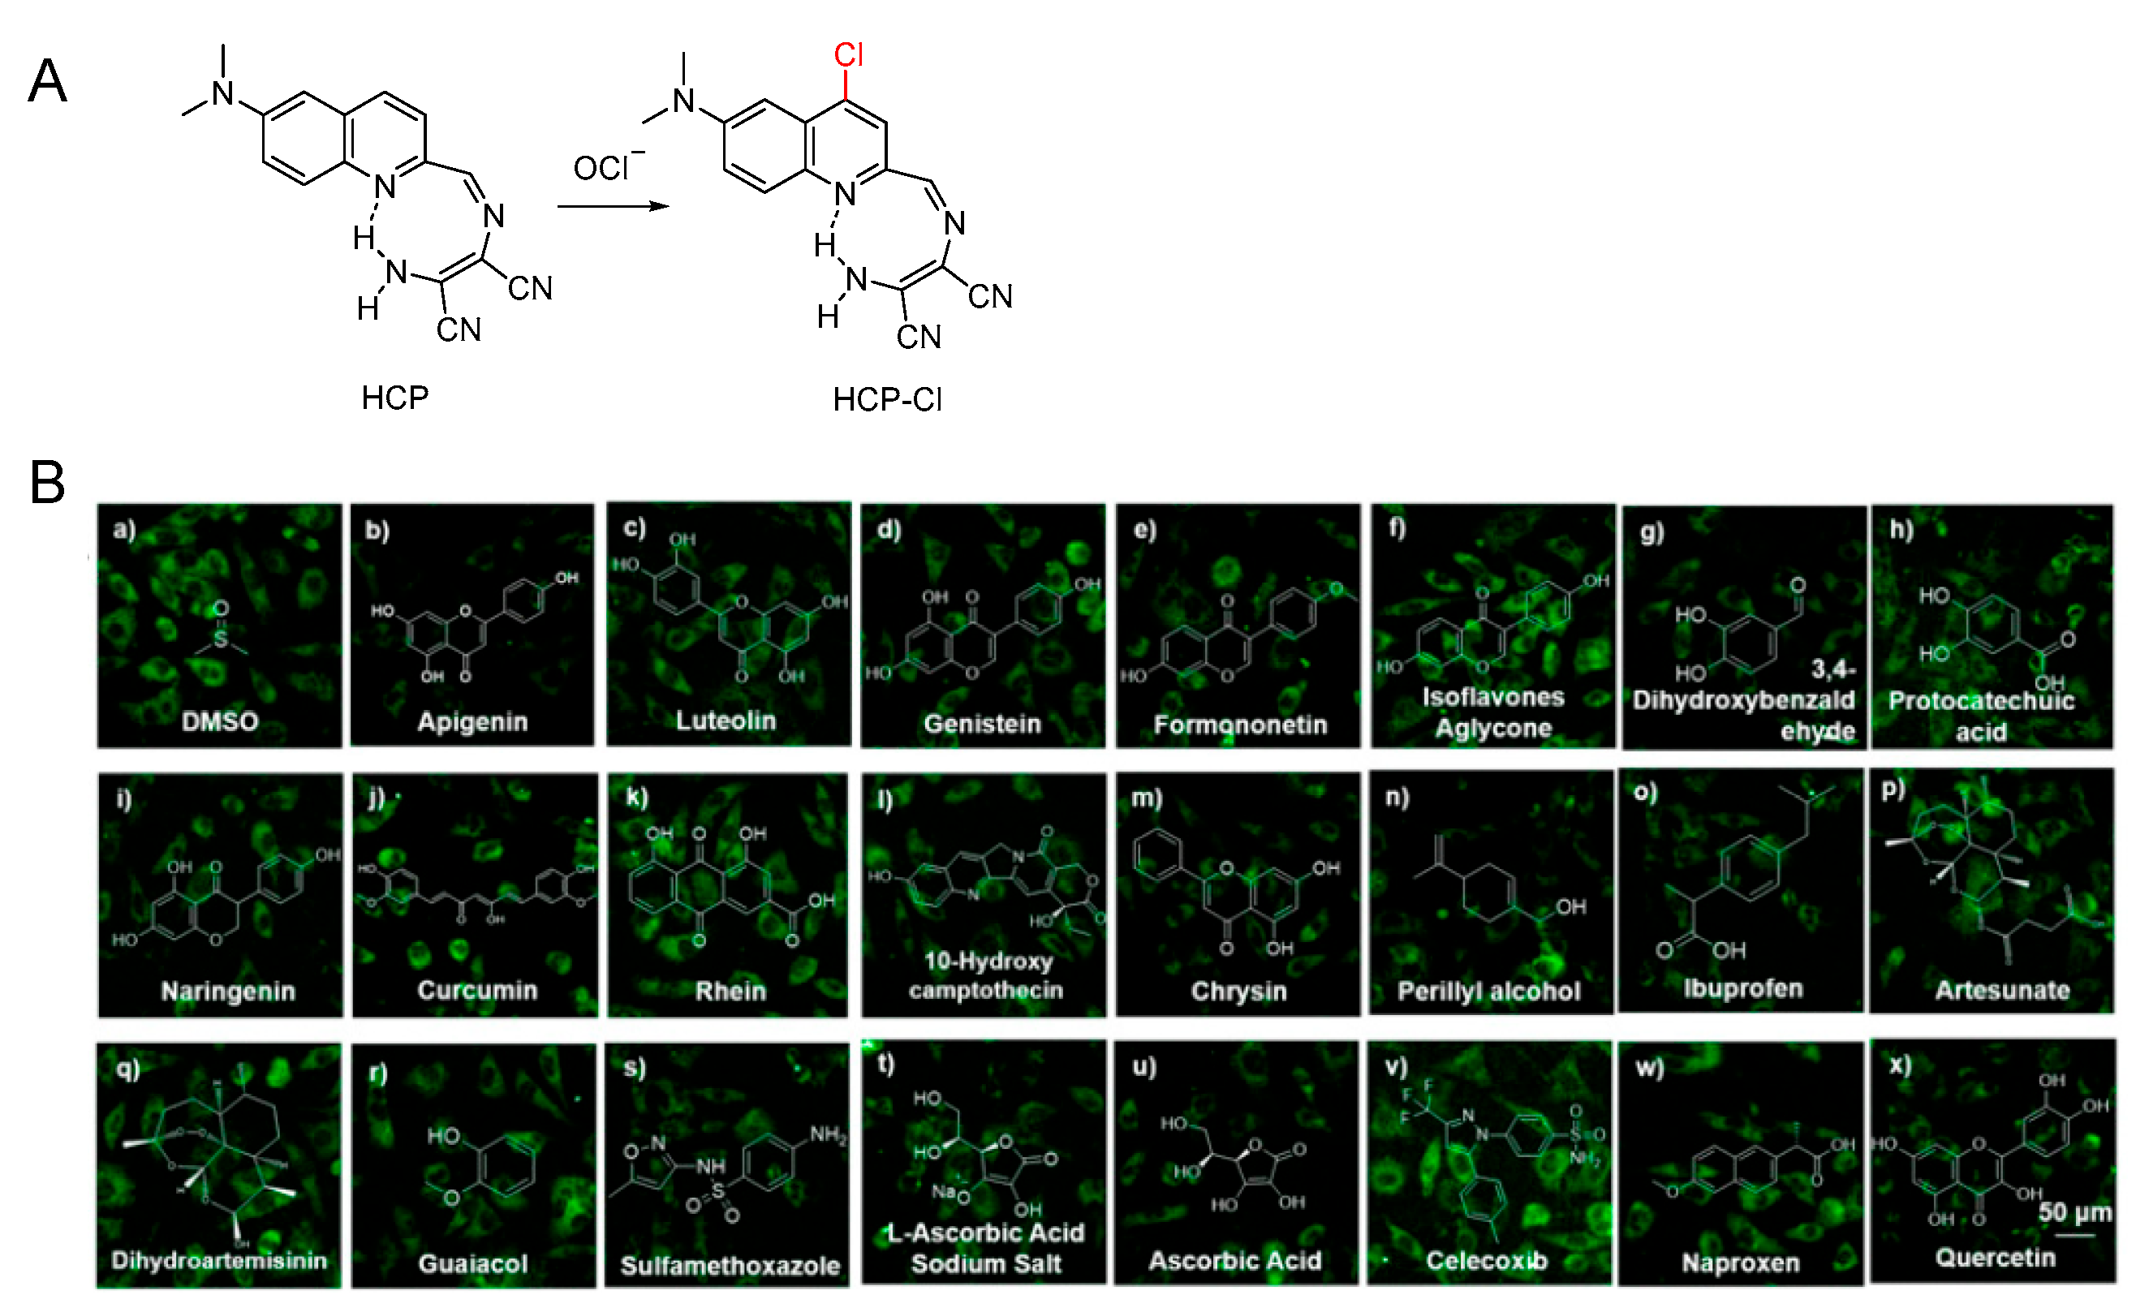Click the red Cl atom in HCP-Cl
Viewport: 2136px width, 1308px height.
click(848, 55)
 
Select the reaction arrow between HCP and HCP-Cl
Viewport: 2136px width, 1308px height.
click(613, 206)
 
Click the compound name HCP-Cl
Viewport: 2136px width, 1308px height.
click(886, 399)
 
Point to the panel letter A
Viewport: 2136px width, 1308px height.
click(48, 81)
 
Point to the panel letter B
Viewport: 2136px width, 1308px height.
click(48, 482)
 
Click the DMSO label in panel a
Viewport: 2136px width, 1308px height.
click(219, 721)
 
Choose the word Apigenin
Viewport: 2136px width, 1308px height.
click(472, 721)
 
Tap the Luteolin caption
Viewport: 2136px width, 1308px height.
click(726, 721)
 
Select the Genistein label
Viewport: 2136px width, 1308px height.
click(982, 723)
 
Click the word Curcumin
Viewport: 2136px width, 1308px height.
click(477, 990)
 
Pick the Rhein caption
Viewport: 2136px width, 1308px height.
click(730, 991)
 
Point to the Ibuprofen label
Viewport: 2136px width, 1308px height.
click(1742, 988)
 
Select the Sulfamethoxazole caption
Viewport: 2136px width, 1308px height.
click(730, 1266)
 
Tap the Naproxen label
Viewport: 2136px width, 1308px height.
click(1740, 1262)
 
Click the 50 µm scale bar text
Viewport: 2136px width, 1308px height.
click(2074, 1211)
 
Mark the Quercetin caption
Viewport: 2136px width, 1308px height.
click(1995, 1257)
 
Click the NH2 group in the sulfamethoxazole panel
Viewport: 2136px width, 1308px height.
click(828, 1134)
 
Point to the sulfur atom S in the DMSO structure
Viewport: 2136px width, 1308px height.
click(220, 639)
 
